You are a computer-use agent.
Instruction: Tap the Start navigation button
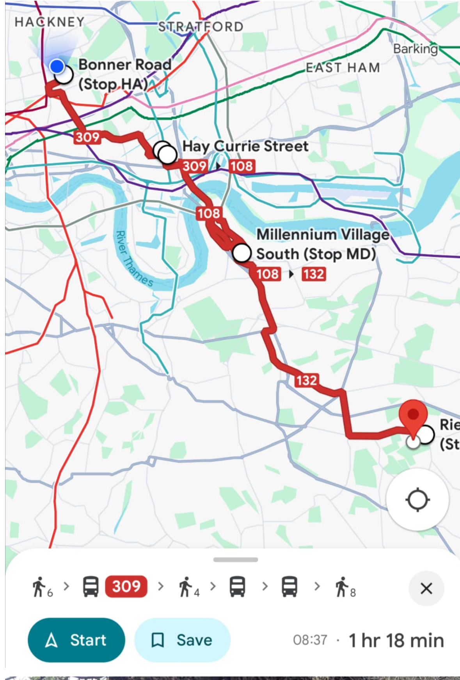(x=76, y=640)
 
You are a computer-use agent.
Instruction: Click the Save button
(x=182, y=640)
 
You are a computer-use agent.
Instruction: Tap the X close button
(x=426, y=588)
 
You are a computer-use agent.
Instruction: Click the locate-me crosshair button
(x=417, y=500)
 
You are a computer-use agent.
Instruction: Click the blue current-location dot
(x=57, y=66)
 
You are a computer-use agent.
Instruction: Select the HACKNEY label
(x=50, y=22)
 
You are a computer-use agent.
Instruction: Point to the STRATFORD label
(x=201, y=26)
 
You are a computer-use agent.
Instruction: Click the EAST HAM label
(x=343, y=68)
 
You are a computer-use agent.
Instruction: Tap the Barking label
(x=415, y=49)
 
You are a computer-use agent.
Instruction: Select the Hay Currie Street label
(x=245, y=146)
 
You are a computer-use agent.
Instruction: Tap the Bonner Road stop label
(x=124, y=74)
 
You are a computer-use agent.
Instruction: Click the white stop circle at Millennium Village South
(x=242, y=253)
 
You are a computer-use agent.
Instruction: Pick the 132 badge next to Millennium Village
(x=314, y=274)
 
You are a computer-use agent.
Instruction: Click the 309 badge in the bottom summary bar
(x=126, y=586)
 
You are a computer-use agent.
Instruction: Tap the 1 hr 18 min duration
(x=396, y=640)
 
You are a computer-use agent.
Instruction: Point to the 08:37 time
(x=310, y=640)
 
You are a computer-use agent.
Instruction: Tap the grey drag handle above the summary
(x=235, y=560)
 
